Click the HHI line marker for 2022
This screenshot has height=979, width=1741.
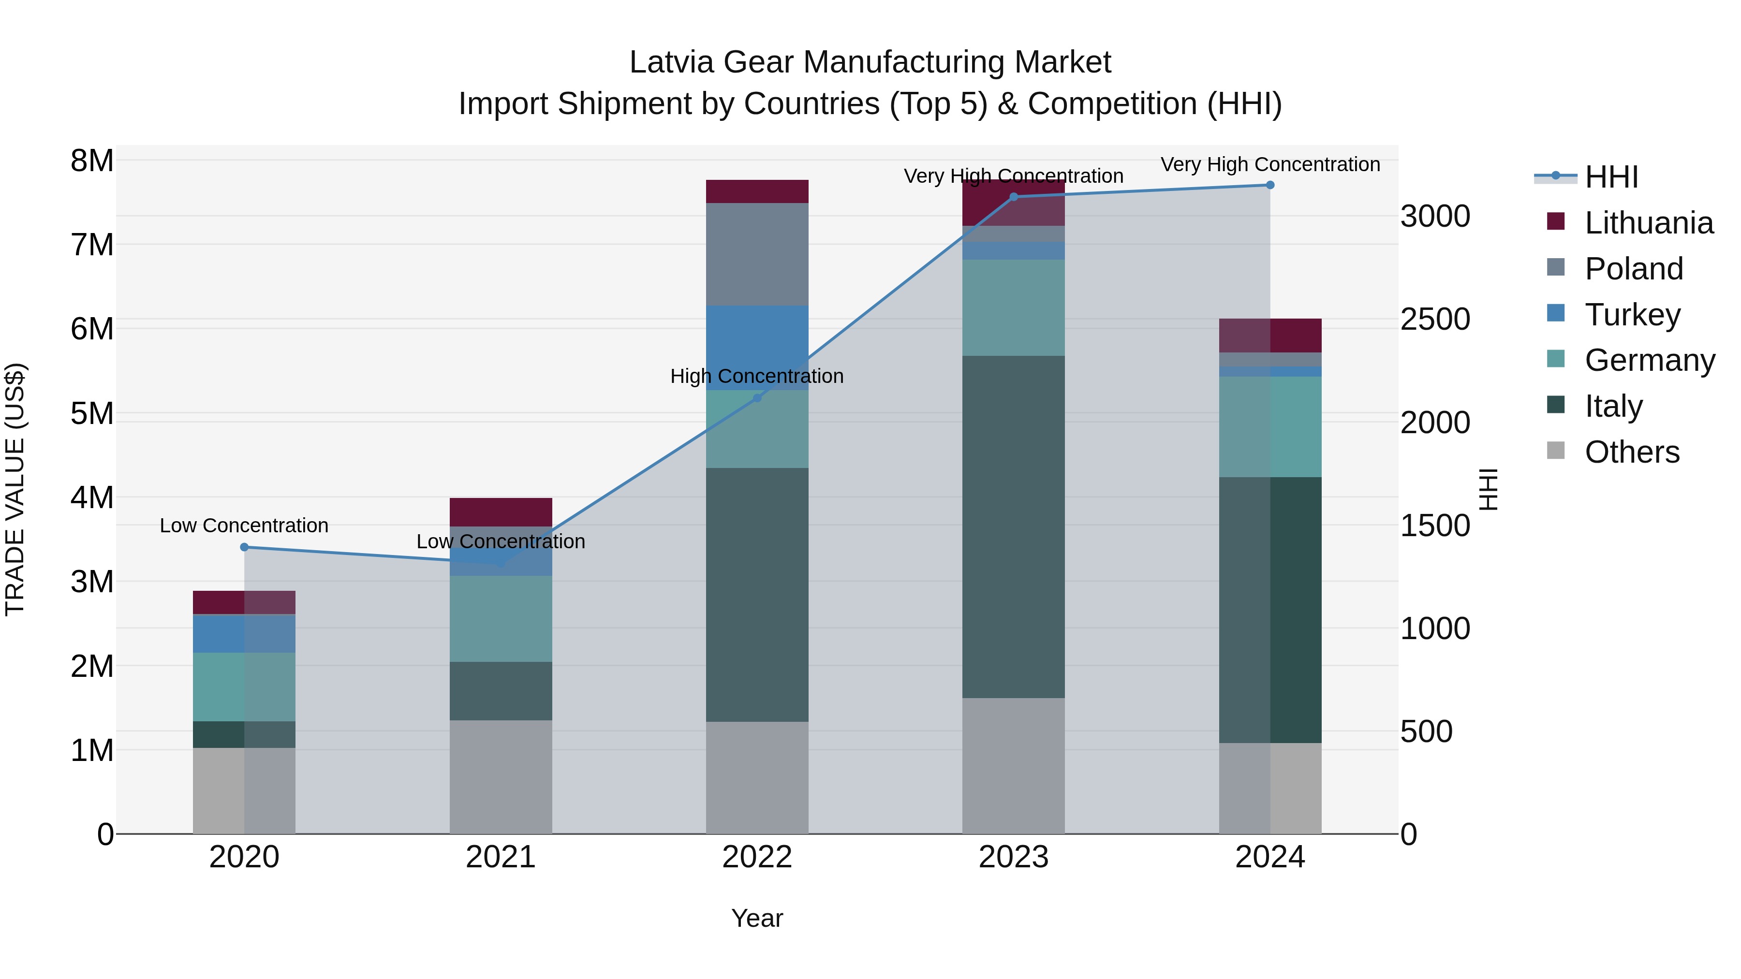pyautogui.click(x=757, y=398)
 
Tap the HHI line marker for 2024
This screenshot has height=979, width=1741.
pyautogui.click(x=1270, y=185)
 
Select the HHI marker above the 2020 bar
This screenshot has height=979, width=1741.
pyautogui.click(x=245, y=547)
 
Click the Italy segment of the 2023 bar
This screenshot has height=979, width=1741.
pyautogui.click(x=1013, y=527)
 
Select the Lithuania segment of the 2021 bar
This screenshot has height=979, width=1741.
pyautogui.click(x=501, y=511)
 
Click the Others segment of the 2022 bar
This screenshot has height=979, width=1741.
pyautogui.click(x=757, y=777)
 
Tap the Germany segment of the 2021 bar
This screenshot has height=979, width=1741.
pyautogui.click(x=501, y=618)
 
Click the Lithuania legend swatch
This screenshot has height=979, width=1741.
pyautogui.click(x=1556, y=221)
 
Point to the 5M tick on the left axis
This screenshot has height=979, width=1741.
pyautogui.click(x=92, y=413)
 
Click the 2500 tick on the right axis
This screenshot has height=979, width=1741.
pyautogui.click(x=1435, y=320)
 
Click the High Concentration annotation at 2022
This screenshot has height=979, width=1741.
pyautogui.click(x=757, y=376)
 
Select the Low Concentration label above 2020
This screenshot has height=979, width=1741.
pyautogui.click(x=244, y=526)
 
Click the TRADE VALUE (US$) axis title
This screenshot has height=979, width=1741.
pyautogui.click(x=15, y=489)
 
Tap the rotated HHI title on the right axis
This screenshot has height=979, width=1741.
pyautogui.click(x=1488, y=489)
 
